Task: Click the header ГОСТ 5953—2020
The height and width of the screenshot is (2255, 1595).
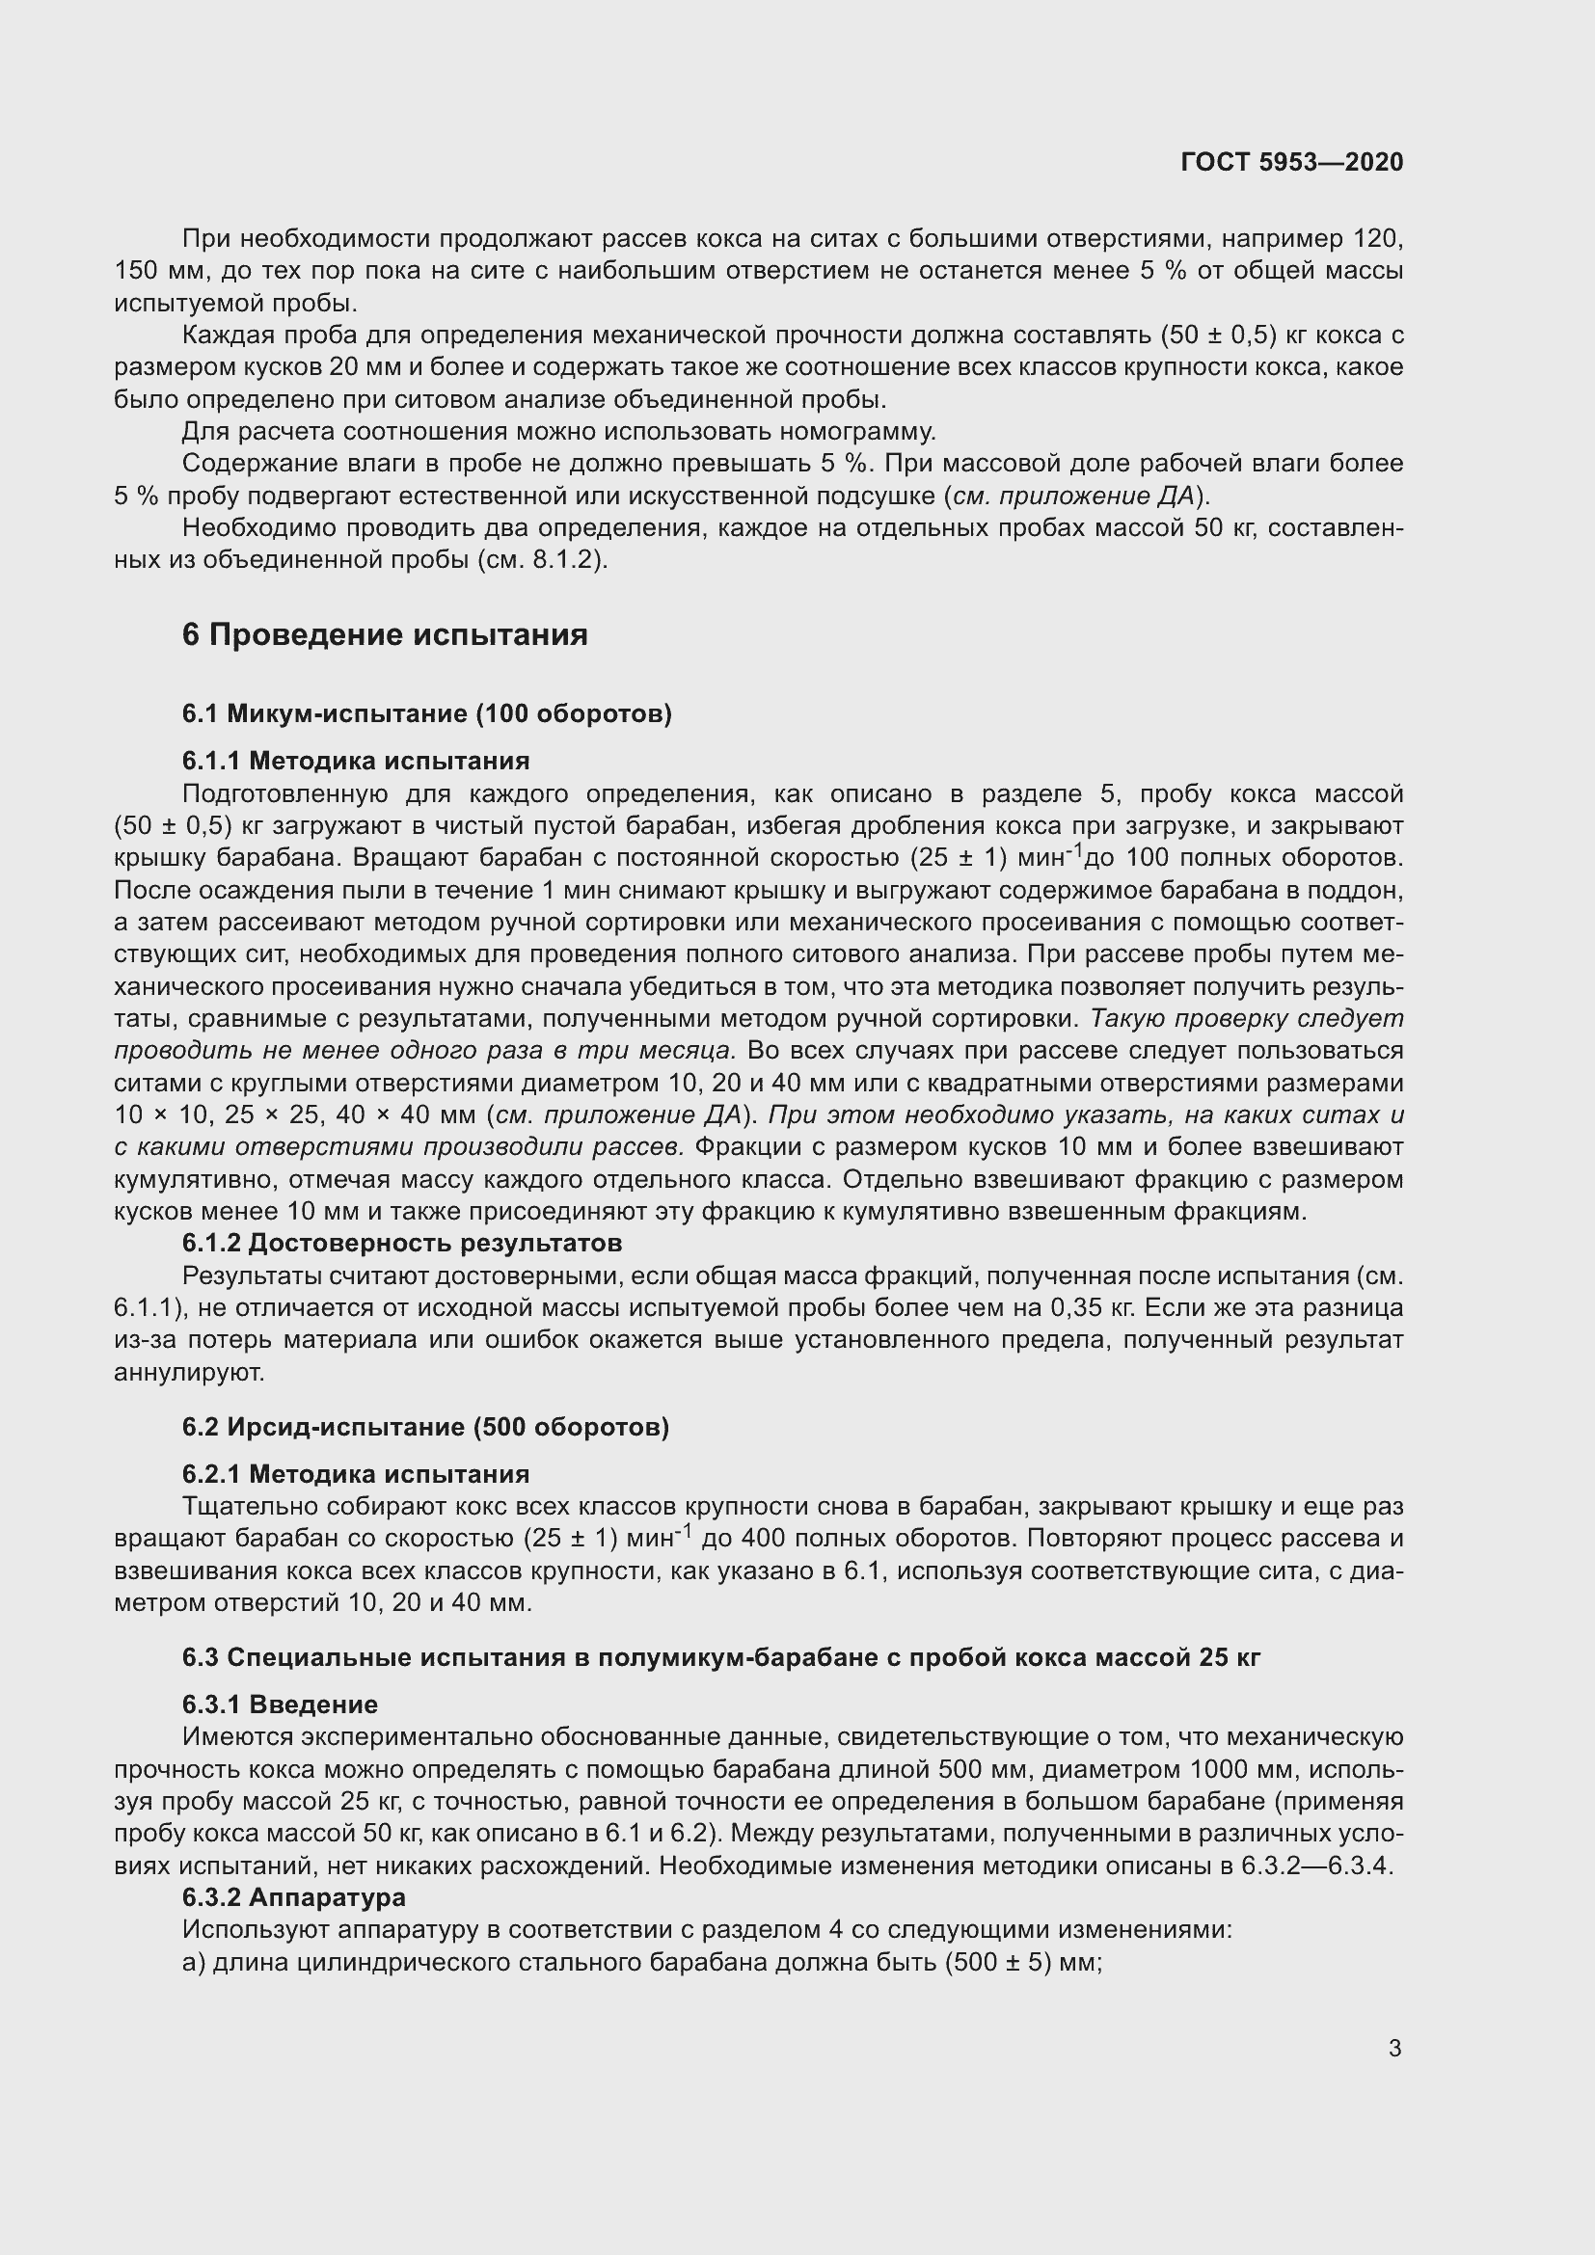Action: [1291, 162]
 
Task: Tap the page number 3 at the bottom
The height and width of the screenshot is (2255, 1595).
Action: [1394, 2049]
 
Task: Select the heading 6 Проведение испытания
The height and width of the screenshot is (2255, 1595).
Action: [384, 635]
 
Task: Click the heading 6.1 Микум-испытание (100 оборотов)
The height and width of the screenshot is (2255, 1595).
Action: [426, 713]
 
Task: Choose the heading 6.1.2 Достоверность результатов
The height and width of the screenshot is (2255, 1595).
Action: [402, 1244]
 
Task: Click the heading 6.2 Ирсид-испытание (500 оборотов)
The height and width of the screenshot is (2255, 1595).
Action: [425, 1427]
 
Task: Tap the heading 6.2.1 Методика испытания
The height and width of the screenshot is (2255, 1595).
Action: [356, 1474]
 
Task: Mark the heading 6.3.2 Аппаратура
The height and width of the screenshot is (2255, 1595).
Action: [294, 1897]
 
